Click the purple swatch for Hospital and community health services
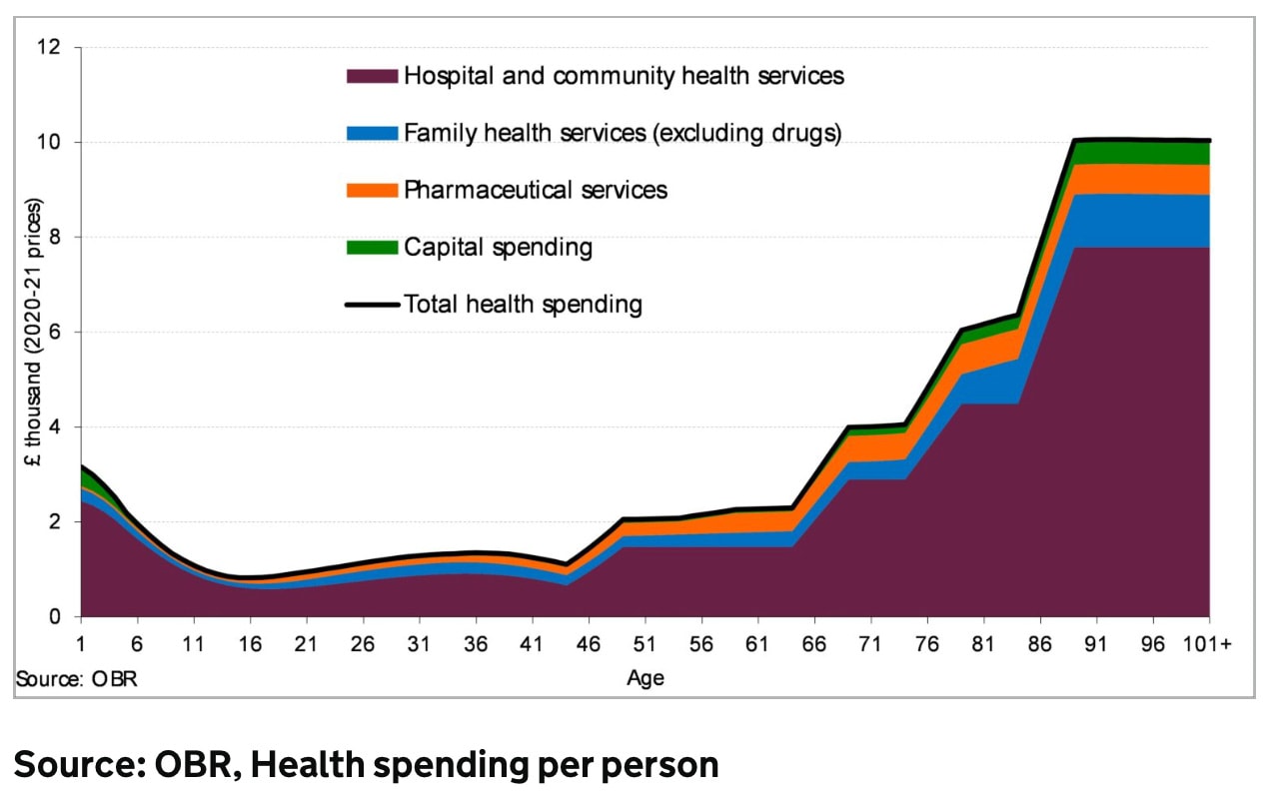(372, 76)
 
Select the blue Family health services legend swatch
(372, 133)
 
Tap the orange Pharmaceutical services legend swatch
(372, 190)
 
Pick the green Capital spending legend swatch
(372, 247)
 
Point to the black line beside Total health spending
(372, 304)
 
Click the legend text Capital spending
(498, 247)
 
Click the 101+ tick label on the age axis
(1208, 644)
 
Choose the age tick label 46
(590, 644)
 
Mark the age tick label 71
(870, 644)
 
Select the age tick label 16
(251, 644)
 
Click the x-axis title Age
(645, 679)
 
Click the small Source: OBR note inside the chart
(75, 679)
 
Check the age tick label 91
(1096, 644)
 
